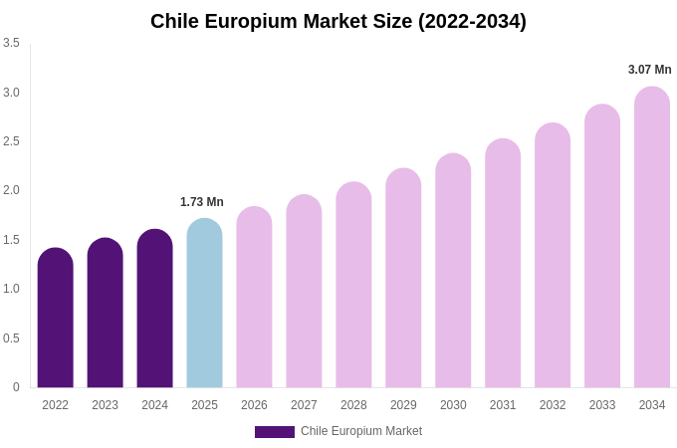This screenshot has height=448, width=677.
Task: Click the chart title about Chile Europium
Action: (338, 21)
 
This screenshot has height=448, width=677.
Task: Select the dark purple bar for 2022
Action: (56, 319)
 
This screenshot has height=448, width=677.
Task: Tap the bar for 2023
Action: (106, 314)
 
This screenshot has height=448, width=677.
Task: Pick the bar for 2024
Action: (155, 309)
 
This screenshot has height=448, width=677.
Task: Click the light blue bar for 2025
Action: (204, 304)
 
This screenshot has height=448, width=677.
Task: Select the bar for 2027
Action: (304, 292)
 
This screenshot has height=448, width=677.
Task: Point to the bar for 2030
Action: (453, 271)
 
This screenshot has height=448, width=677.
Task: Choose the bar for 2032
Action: (553, 256)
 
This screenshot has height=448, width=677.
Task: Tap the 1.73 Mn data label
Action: (202, 202)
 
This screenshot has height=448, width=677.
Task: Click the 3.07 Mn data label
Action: (649, 70)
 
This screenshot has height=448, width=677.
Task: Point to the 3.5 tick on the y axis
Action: (11, 43)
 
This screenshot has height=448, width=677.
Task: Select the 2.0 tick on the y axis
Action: (11, 190)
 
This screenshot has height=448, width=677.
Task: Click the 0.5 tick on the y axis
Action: (11, 338)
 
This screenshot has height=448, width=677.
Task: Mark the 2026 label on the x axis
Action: (254, 405)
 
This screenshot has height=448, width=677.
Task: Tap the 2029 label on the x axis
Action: (403, 405)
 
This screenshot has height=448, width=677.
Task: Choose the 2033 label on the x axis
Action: (602, 405)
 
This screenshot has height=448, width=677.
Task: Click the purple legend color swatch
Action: (275, 432)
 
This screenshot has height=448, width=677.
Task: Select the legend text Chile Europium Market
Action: (361, 431)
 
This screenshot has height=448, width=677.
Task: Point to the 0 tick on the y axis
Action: (16, 387)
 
